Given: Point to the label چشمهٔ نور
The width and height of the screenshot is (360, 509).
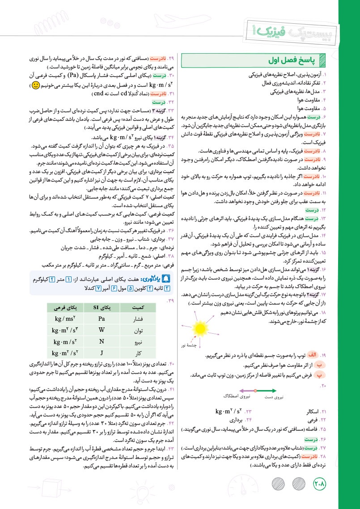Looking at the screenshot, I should click(x=194, y=346).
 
